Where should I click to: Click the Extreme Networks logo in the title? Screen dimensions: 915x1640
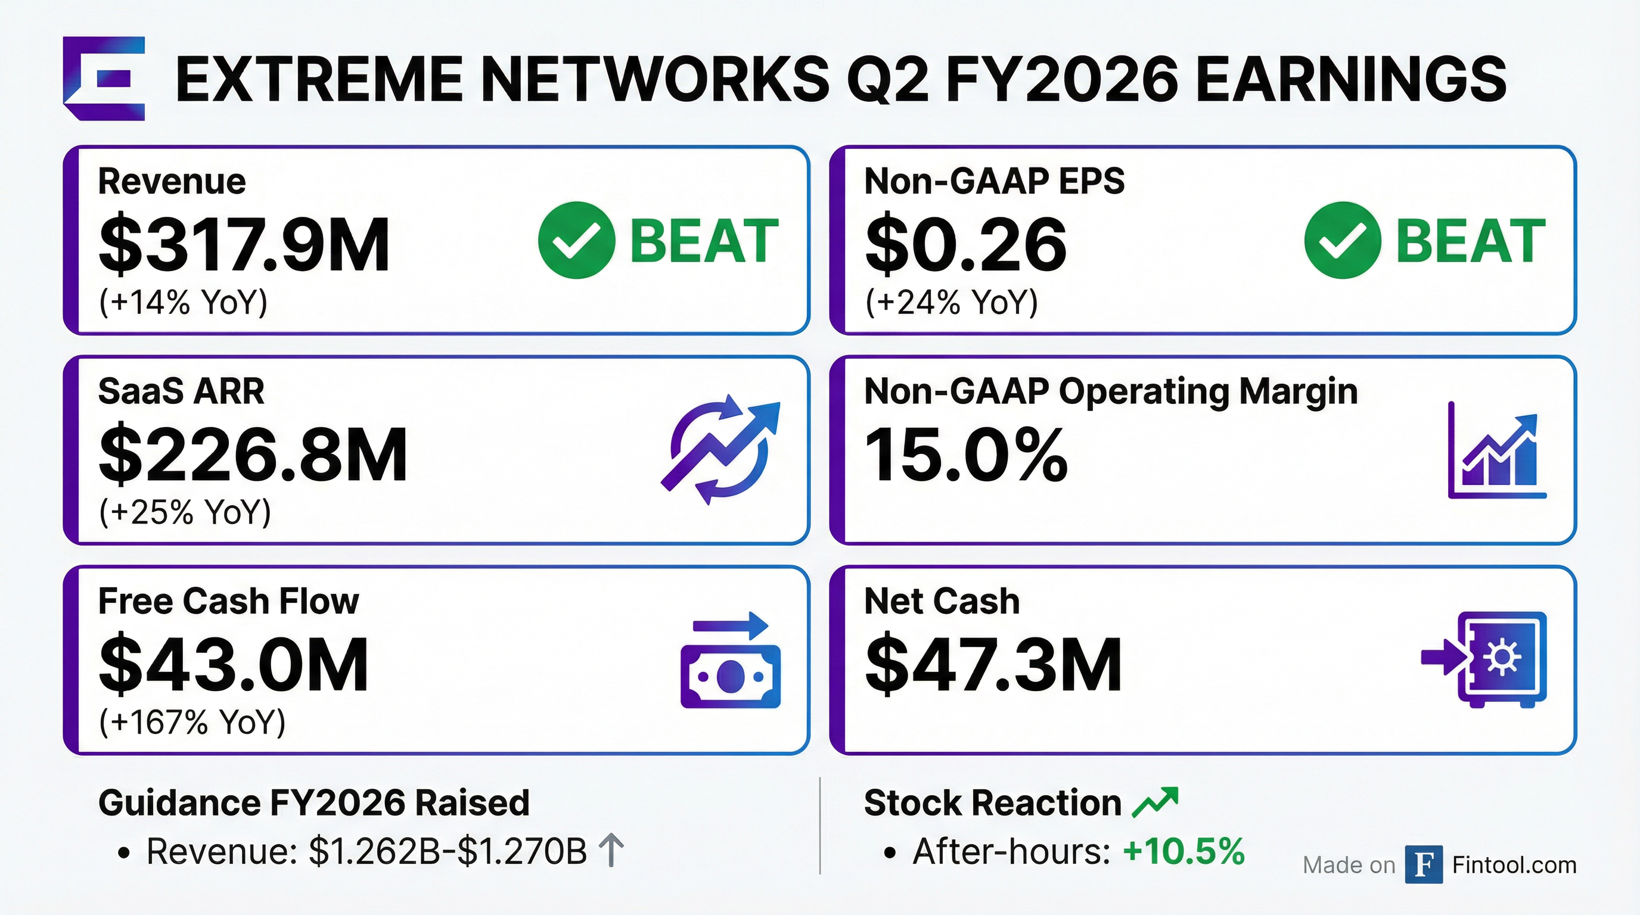tap(104, 78)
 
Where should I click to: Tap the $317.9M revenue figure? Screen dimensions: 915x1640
tap(244, 244)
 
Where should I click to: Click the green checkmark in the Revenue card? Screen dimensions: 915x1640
tap(576, 240)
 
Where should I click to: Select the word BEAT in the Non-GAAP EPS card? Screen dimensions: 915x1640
tap(1471, 241)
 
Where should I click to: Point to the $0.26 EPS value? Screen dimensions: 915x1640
tap(965, 244)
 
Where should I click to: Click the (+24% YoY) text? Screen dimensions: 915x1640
tap(951, 301)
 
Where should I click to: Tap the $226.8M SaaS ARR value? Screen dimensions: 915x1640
tap(253, 455)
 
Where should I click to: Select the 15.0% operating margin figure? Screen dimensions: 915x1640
tap(966, 455)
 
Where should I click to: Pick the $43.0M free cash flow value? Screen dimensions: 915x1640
tap(234, 664)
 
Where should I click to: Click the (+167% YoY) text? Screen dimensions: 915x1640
tap(192, 721)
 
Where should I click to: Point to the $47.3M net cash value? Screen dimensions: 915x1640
tap(993, 664)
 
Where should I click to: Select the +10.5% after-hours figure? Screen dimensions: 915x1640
tap(1184, 851)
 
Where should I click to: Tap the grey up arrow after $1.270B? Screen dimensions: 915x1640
tap(611, 851)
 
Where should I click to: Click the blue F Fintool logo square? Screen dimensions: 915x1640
tap(1424, 865)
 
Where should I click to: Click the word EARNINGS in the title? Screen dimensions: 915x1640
tap(1351, 79)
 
